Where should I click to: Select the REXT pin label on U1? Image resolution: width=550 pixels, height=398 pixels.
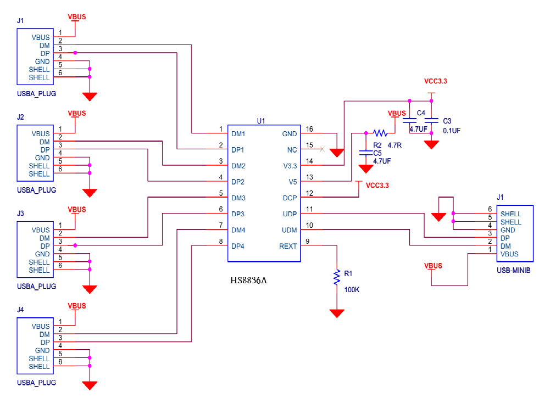coord(288,246)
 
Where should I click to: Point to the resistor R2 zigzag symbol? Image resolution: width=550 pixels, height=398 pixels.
coord(380,133)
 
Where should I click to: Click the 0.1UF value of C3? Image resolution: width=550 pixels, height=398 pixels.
coord(452,131)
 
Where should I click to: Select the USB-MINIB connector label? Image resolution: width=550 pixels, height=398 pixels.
coord(514,271)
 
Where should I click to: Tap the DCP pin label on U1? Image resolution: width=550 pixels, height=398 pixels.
coord(290,198)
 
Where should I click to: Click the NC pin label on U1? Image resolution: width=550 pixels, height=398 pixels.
coord(292,149)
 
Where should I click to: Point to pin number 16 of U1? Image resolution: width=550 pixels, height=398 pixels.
coord(309,130)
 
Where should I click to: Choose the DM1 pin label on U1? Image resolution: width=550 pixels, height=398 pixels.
coord(238,133)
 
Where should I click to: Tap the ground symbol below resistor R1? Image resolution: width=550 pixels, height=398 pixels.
coord(336,313)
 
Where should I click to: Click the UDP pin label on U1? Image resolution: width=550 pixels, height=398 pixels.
coord(290,214)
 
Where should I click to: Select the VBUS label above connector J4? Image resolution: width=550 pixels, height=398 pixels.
coord(76,305)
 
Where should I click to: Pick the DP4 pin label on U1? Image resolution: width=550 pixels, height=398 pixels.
coord(238,246)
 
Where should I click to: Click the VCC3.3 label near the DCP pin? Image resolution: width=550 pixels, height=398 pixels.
coord(377,185)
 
